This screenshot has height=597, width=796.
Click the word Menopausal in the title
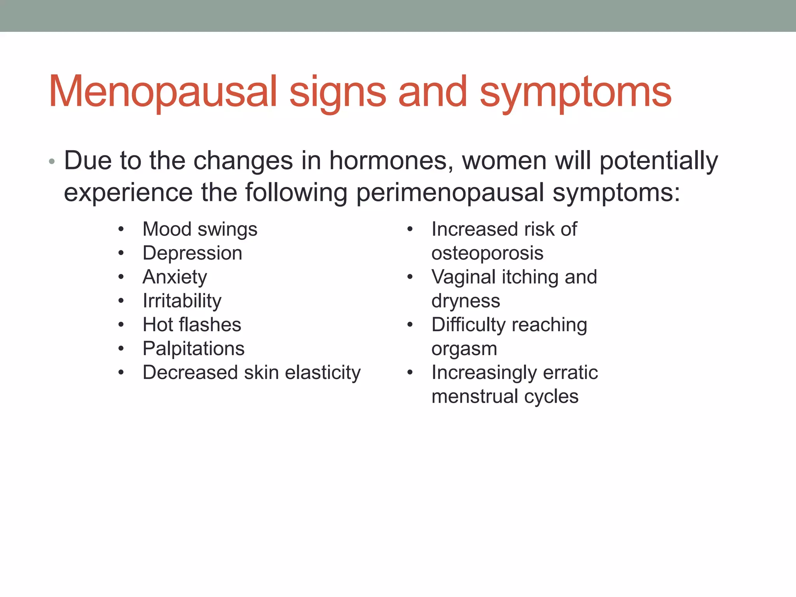click(x=162, y=92)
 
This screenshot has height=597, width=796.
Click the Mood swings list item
click(x=200, y=229)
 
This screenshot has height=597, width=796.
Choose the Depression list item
click(x=192, y=253)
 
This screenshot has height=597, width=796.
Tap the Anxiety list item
click(x=175, y=277)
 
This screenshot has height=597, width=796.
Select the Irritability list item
click(x=182, y=301)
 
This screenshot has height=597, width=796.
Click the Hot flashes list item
click(x=192, y=325)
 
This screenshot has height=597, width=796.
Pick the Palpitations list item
click(x=193, y=349)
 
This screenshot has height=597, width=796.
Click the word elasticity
click(x=323, y=373)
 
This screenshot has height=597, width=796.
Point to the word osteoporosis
click(x=487, y=253)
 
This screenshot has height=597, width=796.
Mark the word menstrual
click(x=474, y=396)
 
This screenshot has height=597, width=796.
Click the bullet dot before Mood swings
click(x=121, y=229)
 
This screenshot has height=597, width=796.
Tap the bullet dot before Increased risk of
click(x=410, y=229)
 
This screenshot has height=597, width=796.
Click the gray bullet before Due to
click(x=52, y=161)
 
